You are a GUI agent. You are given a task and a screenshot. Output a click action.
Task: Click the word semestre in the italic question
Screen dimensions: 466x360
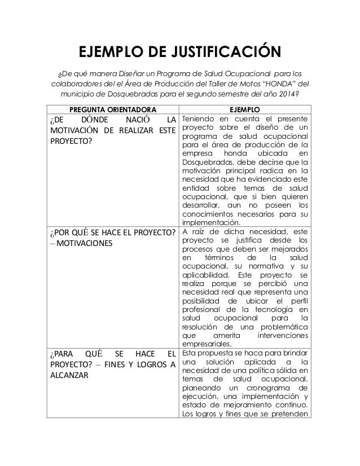pos(227,95)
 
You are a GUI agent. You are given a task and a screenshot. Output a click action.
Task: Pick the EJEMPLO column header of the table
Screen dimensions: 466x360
pos(244,109)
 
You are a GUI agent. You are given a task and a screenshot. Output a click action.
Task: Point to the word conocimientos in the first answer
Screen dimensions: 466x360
pos(211,214)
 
